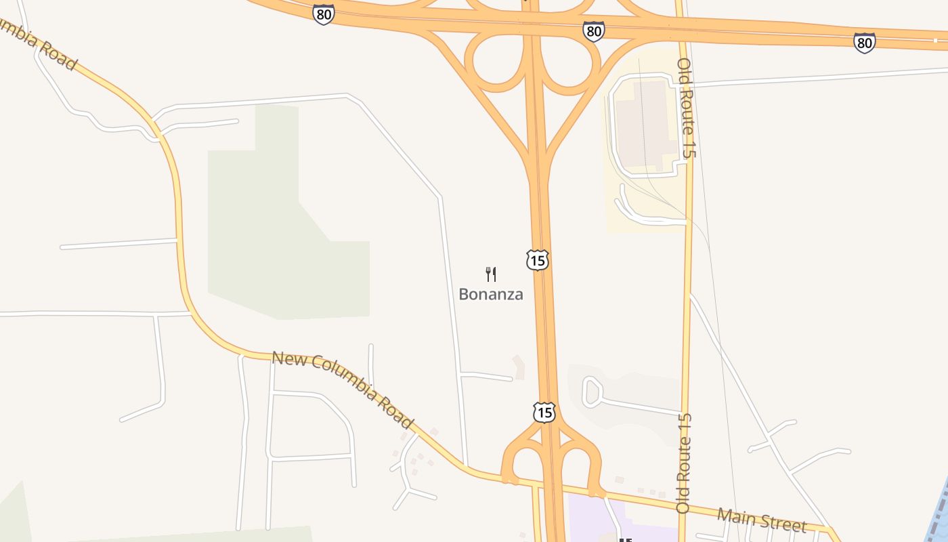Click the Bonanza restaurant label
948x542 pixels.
pos(491,294)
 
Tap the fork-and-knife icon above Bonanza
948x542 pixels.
pos(491,274)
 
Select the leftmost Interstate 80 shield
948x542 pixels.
pos(324,14)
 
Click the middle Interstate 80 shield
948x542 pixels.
pos(593,30)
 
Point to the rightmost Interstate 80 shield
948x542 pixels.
pos(864,43)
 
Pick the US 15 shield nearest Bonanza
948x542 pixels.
pos(537,259)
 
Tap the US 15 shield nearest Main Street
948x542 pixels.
pos(544,412)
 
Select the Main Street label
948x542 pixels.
pos(762,520)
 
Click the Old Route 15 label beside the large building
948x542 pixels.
pos(686,108)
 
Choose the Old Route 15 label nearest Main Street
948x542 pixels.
pos(684,463)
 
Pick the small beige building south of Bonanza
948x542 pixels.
pos(519,367)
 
